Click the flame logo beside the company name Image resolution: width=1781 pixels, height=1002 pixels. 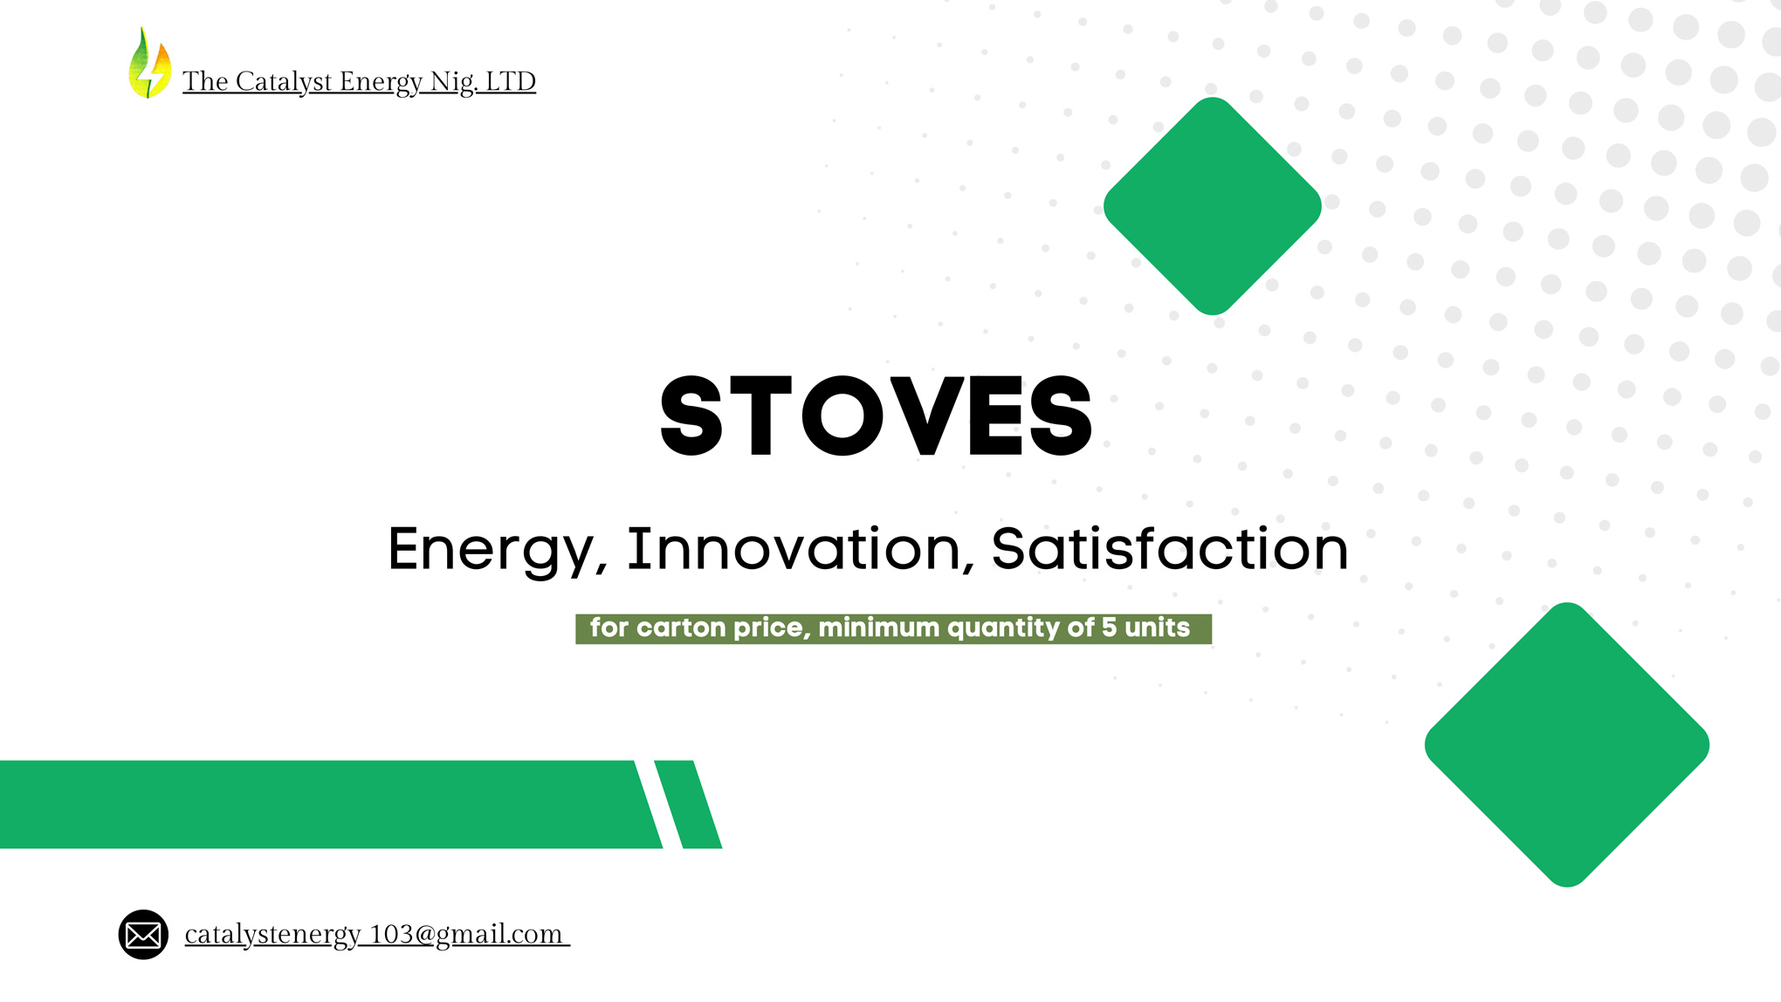[x=149, y=63]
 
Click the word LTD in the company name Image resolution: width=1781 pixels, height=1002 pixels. [x=510, y=81]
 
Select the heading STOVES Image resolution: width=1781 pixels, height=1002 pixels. [x=876, y=415]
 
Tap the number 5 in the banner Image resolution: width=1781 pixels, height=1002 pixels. [x=1109, y=627]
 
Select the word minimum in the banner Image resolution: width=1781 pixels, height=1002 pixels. [x=878, y=627]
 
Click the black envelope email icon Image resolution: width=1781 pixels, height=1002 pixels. [x=143, y=935]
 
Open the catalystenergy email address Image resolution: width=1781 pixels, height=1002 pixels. [x=377, y=935]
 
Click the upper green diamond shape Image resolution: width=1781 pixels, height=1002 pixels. [x=1213, y=206]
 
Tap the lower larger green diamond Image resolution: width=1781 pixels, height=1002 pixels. [x=1567, y=745]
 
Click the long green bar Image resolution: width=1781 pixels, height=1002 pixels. [x=331, y=804]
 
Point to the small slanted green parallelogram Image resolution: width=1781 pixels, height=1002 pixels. [x=688, y=804]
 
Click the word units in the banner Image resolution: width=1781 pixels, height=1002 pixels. [x=1157, y=627]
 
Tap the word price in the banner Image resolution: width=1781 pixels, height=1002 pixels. [x=769, y=628]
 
